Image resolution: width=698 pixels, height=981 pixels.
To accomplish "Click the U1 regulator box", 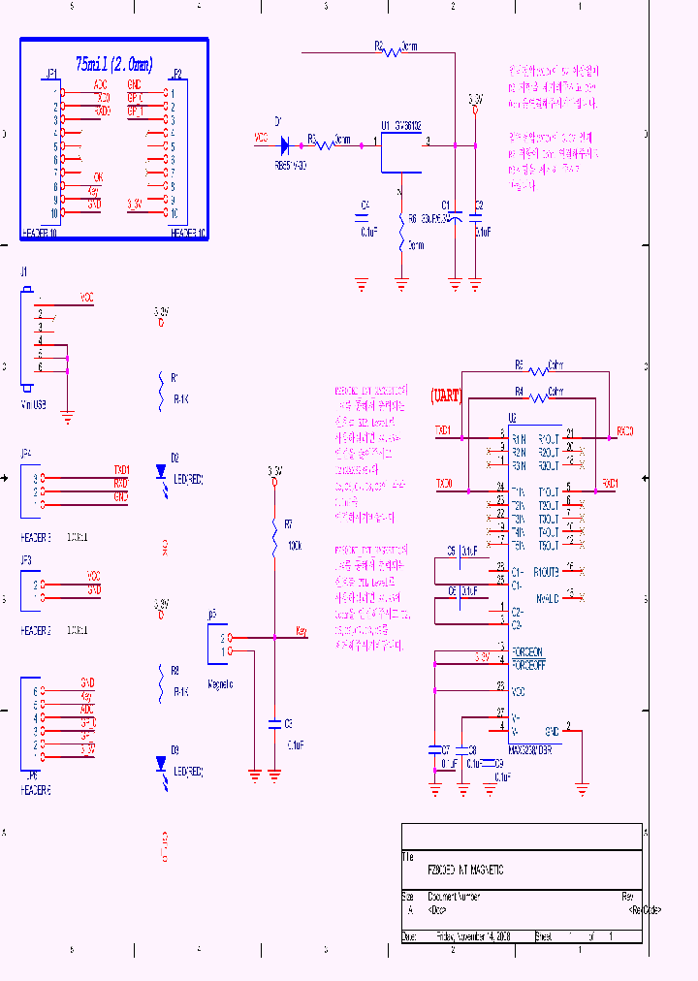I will pos(401,152).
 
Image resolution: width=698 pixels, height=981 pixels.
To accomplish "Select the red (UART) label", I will pos(446,396).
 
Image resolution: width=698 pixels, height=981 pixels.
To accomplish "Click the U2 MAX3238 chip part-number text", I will pos(531,748).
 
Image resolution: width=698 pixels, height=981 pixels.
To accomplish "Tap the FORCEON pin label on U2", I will pos(526,650).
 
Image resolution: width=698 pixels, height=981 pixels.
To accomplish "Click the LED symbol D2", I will pos(162,473).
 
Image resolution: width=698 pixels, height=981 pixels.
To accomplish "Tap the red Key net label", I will pos(301,632).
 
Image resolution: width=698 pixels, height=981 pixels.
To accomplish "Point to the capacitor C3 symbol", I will pos(275,723).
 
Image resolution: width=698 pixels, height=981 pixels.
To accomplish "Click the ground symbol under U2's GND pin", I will pos(582,786).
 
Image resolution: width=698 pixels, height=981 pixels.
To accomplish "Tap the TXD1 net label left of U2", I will pos(444,429).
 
